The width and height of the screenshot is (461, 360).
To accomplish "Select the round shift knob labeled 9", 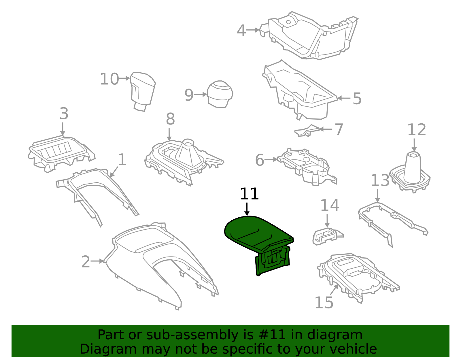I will coord(220,94).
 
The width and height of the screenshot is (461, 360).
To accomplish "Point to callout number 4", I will coord(241,31).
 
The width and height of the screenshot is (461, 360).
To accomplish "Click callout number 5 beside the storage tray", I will coord(357,99).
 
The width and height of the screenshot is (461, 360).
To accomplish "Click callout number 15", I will coord(324,303).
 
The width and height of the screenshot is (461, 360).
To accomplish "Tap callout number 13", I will coord(380,181).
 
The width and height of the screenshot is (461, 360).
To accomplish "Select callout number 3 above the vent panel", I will coord(64,114).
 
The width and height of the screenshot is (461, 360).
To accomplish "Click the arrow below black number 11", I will coord(247,209).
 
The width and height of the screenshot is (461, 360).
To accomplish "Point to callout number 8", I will coord(170,119).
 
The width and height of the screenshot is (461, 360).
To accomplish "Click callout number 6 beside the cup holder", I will coord(260,160).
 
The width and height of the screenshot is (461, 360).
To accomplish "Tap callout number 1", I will coord(122,159).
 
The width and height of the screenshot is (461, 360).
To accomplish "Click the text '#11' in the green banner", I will coord(272,335).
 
